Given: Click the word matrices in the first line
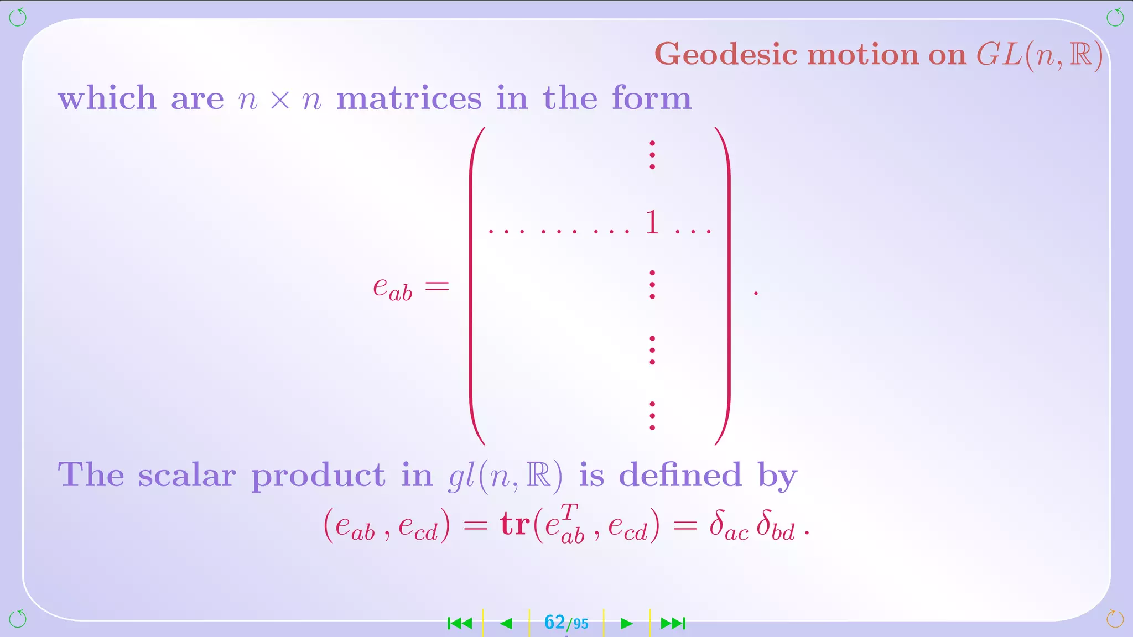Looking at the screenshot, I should (x=409, y=98).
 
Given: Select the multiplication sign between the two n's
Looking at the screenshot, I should (x=280, y=100).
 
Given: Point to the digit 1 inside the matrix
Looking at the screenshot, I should (x=652, y=222).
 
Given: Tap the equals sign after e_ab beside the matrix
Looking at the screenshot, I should (x=436, y=286).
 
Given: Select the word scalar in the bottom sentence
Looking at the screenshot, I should (x=187, y=475).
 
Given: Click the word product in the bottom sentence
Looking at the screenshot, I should (x=318, y=476).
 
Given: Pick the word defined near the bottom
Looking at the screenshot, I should (x=680, y=475).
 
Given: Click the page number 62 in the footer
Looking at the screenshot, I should (x=554, y=623).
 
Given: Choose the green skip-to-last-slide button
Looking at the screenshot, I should (x=673, y=624).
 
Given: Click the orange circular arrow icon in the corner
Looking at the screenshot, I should (x=1115, y=619).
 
